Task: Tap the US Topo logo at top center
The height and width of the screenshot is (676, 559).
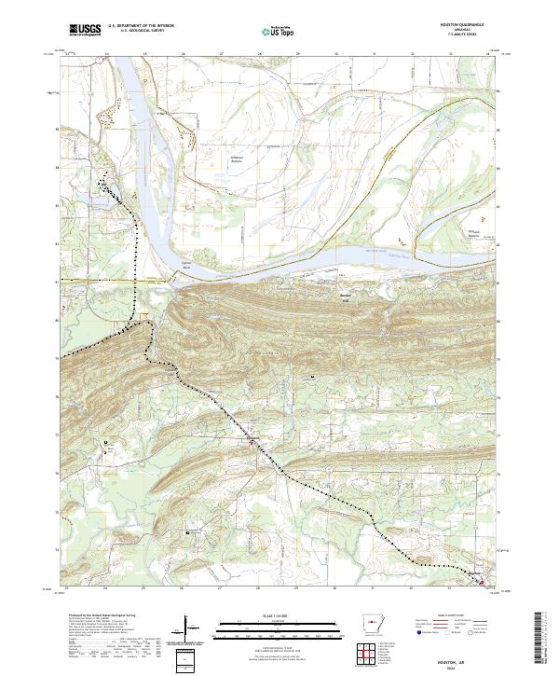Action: click(x=277, y=31)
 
